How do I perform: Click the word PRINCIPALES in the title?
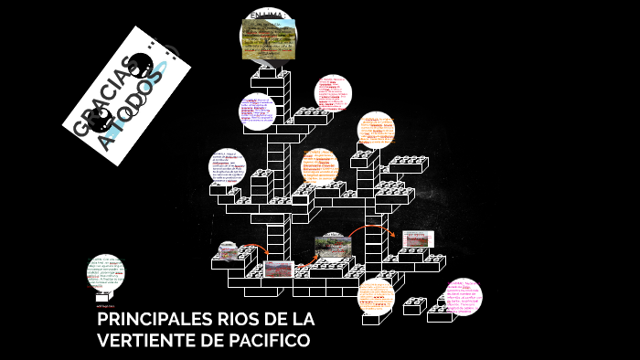click(x=151, y=321)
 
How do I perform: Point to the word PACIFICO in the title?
click(x=270, y=341)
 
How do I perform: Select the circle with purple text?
click(x=258, y=111)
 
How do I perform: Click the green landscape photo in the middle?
click(x=329, y=245)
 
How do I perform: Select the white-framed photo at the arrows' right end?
click(x=417, y=239)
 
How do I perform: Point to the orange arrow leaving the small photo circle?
click(x=257, y=249)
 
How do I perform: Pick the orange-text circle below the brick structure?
click(x=375, y=296)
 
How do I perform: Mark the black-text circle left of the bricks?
click(x=228, y=165)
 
